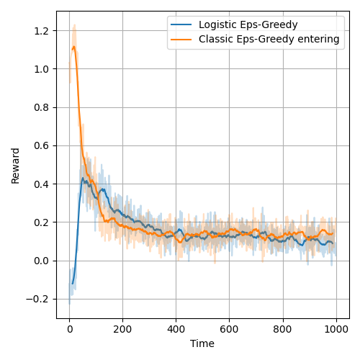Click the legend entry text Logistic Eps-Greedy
[x=244, y=24]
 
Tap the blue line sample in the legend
[x=181, y=24]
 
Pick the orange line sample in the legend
[x=181, y=39]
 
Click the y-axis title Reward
[x=15, y=165]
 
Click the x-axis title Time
[x=202, y=343]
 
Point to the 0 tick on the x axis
[x=69, y=329]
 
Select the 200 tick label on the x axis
[x=122, y=329]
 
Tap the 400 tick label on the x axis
[x=176, y=329]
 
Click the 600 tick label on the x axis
[x=229, y=329]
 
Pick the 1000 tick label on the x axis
[x=336, y=329]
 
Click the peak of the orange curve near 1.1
[x=73, y=48]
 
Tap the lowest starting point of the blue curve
[x=71, y=284]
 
